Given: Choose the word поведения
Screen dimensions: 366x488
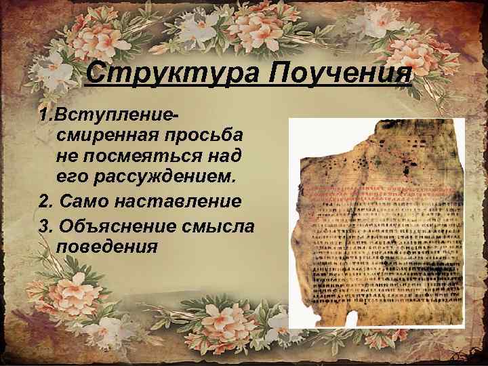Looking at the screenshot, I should pos(108,245).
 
